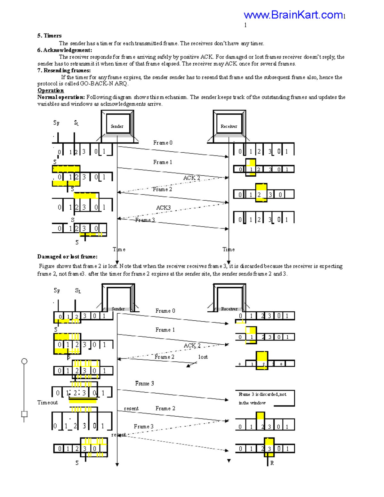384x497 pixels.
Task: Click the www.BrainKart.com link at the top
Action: (293, 15)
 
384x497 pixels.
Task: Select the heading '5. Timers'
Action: (49, 36)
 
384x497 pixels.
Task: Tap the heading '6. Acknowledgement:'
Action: (65, 50)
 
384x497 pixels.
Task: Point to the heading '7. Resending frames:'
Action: (64, 70)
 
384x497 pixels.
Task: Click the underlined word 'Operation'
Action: (51, 90)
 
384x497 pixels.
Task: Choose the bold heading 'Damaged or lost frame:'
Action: (68, 256)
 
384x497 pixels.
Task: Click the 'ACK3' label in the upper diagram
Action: (163, 208)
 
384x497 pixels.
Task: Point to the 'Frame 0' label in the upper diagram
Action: (163, 143)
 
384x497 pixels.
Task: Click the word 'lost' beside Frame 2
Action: (203, 357)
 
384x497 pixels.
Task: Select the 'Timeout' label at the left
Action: (47, 402)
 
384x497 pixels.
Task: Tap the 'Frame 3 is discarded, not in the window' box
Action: (265, 398)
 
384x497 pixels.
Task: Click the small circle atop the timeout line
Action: (24, 361)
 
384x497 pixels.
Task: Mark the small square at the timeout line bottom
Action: (24, 414)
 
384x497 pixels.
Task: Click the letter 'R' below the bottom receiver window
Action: (272, 463)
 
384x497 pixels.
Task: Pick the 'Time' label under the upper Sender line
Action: (119, 249)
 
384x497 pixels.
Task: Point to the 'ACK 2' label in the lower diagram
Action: (192, 345)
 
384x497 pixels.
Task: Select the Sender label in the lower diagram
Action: (118, 309)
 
